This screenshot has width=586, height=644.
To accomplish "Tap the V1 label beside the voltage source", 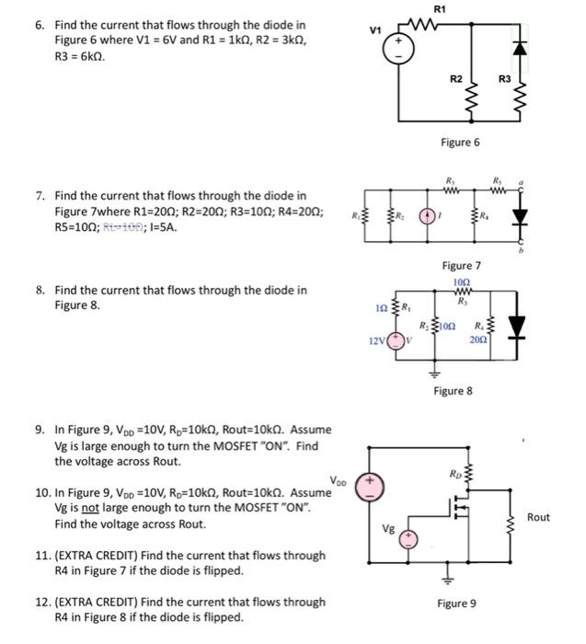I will (374, 30).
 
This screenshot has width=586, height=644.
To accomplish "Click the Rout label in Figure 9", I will (538, 517).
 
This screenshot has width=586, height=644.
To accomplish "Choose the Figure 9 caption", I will (456, 604).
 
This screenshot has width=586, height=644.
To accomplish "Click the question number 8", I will (40, 290).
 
